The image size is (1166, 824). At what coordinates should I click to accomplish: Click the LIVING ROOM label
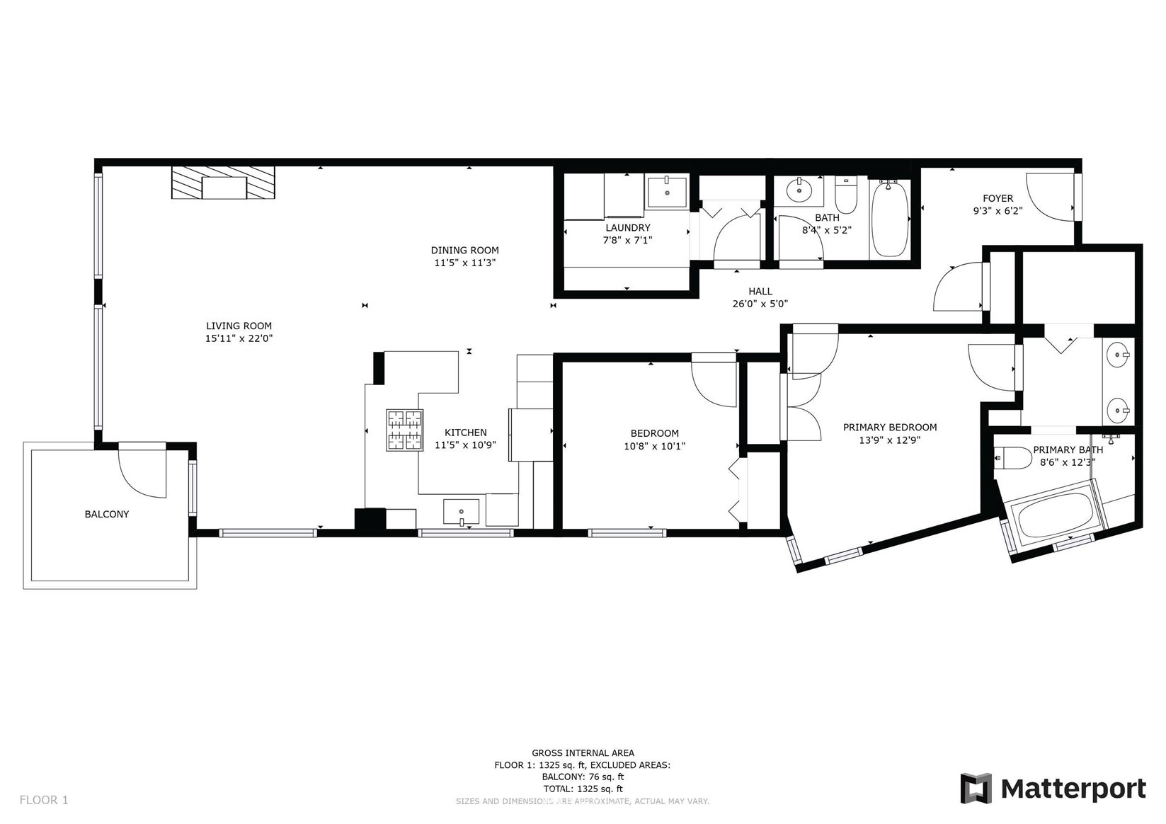(239, 326)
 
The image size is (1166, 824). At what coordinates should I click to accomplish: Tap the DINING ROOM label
(465, 250)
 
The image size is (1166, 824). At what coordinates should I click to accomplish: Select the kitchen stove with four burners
(404, 430)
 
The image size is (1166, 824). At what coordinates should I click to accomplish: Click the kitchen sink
(461, 512)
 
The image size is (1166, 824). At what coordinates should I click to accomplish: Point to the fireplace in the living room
(223, 182)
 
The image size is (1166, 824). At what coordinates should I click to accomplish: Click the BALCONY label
(107, 514)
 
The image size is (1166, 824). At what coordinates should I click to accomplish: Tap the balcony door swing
(142, 470)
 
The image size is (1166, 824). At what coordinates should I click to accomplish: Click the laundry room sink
(667, 192)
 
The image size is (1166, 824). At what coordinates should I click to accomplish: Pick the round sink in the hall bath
(799, 190)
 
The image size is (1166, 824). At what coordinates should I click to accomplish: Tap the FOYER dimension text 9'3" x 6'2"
(998, 211)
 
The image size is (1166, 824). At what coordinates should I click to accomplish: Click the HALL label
(760, 292)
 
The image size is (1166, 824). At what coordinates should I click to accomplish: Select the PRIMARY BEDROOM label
(890, 428)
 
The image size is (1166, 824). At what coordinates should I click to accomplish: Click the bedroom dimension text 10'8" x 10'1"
(655, 446)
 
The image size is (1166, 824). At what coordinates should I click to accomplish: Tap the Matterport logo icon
(976, 788)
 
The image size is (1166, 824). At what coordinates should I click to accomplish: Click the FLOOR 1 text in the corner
(44, 800)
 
